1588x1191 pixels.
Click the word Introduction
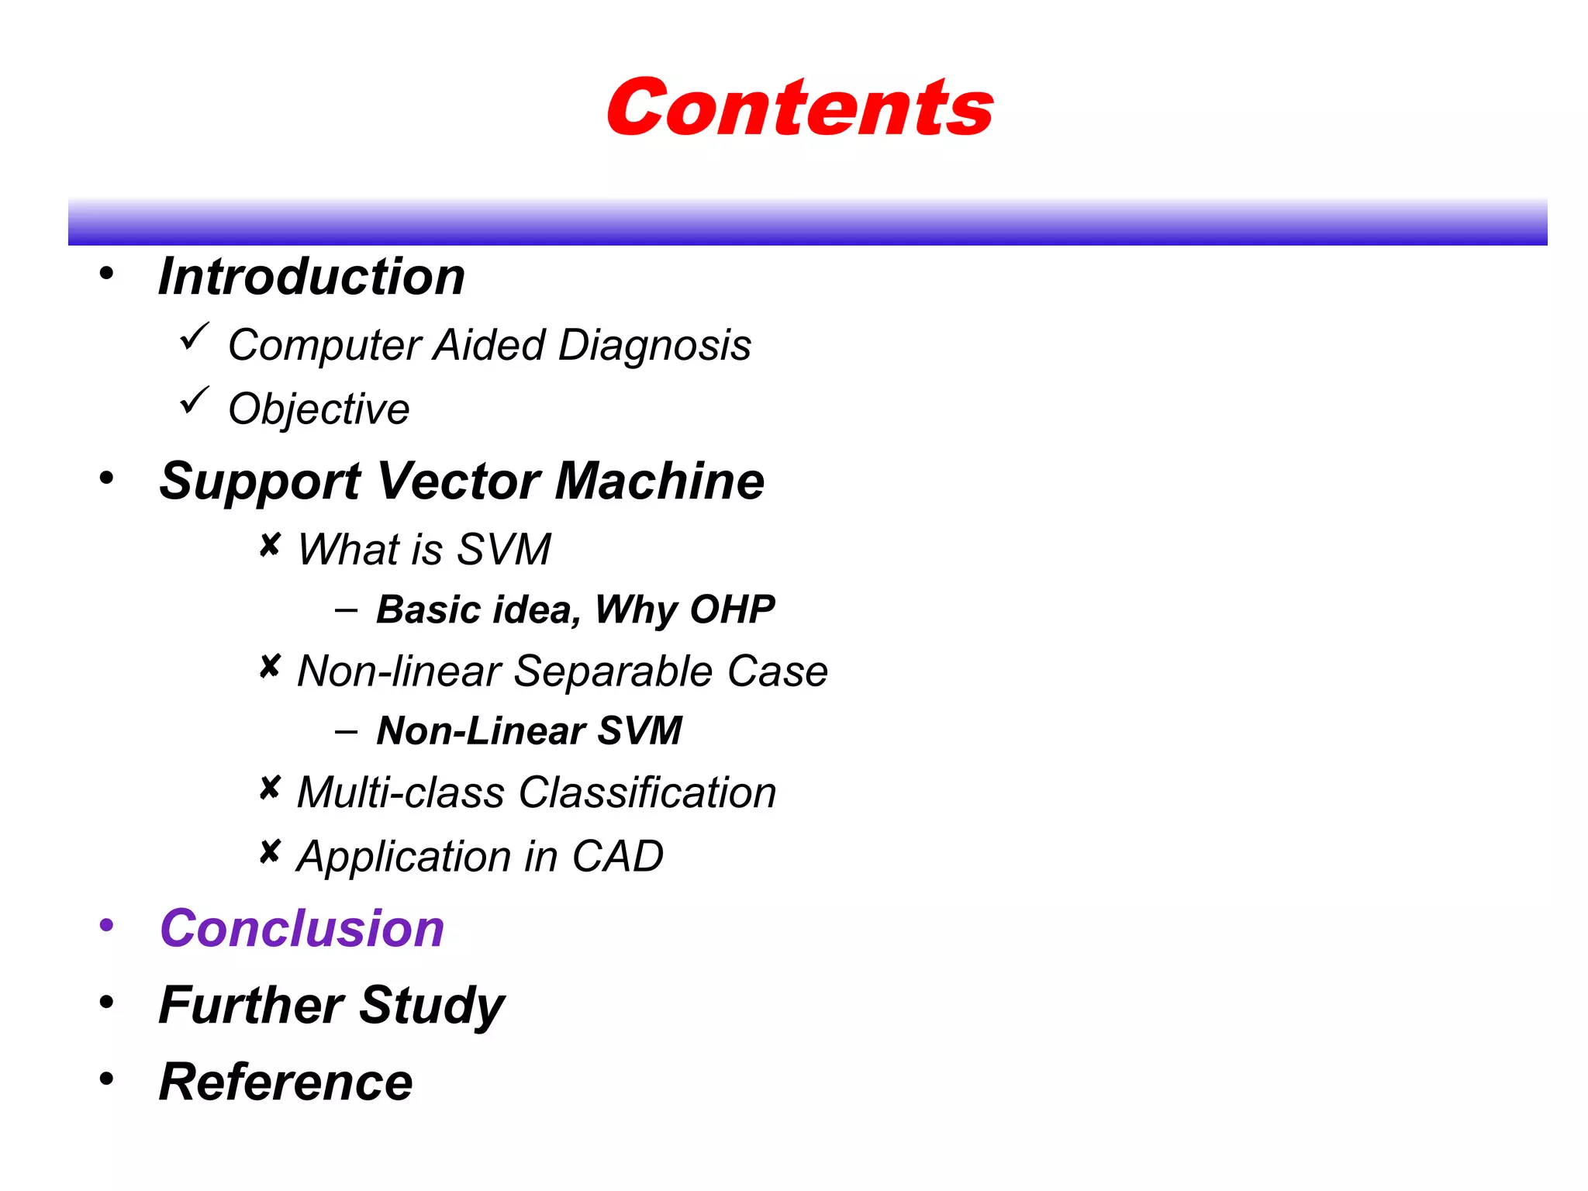click(312, 277)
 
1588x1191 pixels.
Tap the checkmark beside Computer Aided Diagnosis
click(194, 337)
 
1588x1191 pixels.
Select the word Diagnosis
click(654, 346)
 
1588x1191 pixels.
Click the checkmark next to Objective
click(194, 401)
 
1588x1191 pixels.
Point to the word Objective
click(319, 409)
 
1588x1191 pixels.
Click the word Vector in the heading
click(458, 481)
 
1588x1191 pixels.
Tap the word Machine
click(659, 481)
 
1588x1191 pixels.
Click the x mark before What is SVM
click(269, 546)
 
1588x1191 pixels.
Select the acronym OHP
click(732, 609)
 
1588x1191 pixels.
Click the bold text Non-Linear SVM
click(529, 730)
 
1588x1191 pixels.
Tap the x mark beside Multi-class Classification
click(269, 789)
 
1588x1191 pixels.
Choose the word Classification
click(647, 792)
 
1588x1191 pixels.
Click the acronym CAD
click(617, 857)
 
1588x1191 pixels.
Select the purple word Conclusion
click(302, 928)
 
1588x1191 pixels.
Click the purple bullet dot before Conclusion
click(106, 925)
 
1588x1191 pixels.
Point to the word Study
click(432, 1006)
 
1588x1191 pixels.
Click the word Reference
click(286, 1082)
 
